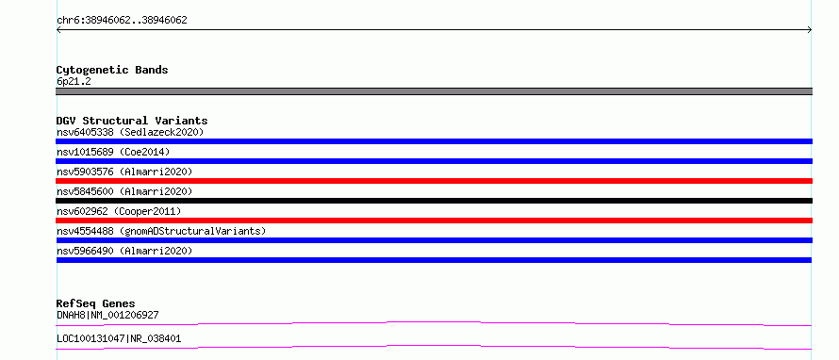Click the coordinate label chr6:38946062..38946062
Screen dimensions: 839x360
pos(122,21)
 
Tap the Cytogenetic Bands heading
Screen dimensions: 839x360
pos(112,70)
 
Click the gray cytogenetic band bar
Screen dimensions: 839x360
pos(434,91)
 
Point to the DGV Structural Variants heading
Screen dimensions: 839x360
pos(132,121)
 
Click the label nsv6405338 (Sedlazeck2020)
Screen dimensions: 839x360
pos(130,132)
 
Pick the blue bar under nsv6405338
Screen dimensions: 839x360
pos(434,141)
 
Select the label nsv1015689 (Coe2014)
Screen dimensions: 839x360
pos(113,152)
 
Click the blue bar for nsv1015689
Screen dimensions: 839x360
pos(434,161)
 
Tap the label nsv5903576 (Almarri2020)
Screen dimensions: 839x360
pos(124,172)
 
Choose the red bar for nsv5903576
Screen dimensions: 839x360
pos(434,181)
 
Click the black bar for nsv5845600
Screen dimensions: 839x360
pos(434,201)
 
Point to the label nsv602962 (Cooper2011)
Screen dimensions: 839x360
pos(119,211)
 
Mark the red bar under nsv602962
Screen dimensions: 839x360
pos(434,221)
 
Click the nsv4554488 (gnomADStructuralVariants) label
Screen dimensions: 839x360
pos(161,231)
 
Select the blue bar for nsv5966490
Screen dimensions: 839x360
pos(434,260)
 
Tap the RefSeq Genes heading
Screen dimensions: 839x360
pos(96,303)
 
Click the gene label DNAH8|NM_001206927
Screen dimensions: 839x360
pos(107,315)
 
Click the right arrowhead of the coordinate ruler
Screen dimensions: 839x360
pos(811,30)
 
